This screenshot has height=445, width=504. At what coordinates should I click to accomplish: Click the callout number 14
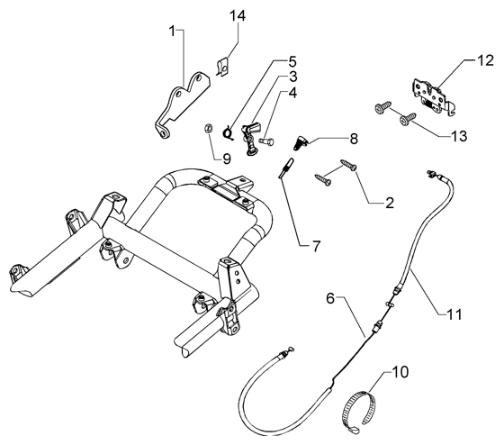tap(238, 15)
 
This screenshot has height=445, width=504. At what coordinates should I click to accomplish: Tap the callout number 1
tap(173, 32)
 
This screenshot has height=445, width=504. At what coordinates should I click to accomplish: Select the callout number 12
tap(485, 60)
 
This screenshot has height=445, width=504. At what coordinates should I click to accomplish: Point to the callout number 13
tap(459, 136)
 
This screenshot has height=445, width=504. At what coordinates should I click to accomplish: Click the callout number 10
tap(400, 372)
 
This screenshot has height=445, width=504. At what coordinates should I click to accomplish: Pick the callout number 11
tap(454, 314)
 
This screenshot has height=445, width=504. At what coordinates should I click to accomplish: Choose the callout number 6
tap(330, 298)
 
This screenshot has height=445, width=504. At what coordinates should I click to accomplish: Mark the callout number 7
tap(316, 247)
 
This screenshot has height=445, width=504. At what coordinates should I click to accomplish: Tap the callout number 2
tap(390, 203)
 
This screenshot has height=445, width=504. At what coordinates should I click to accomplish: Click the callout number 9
tap(227, 159)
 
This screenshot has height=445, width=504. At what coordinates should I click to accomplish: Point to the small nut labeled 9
tap(208, 129)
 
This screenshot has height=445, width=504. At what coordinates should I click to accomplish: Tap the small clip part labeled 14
tap(223, 68)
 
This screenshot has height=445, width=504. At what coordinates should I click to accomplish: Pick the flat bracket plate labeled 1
tap(182, 105)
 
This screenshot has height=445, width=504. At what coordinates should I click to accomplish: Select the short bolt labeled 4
tap(265, 141)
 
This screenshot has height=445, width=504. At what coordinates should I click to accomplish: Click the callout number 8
tap(353, 139)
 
